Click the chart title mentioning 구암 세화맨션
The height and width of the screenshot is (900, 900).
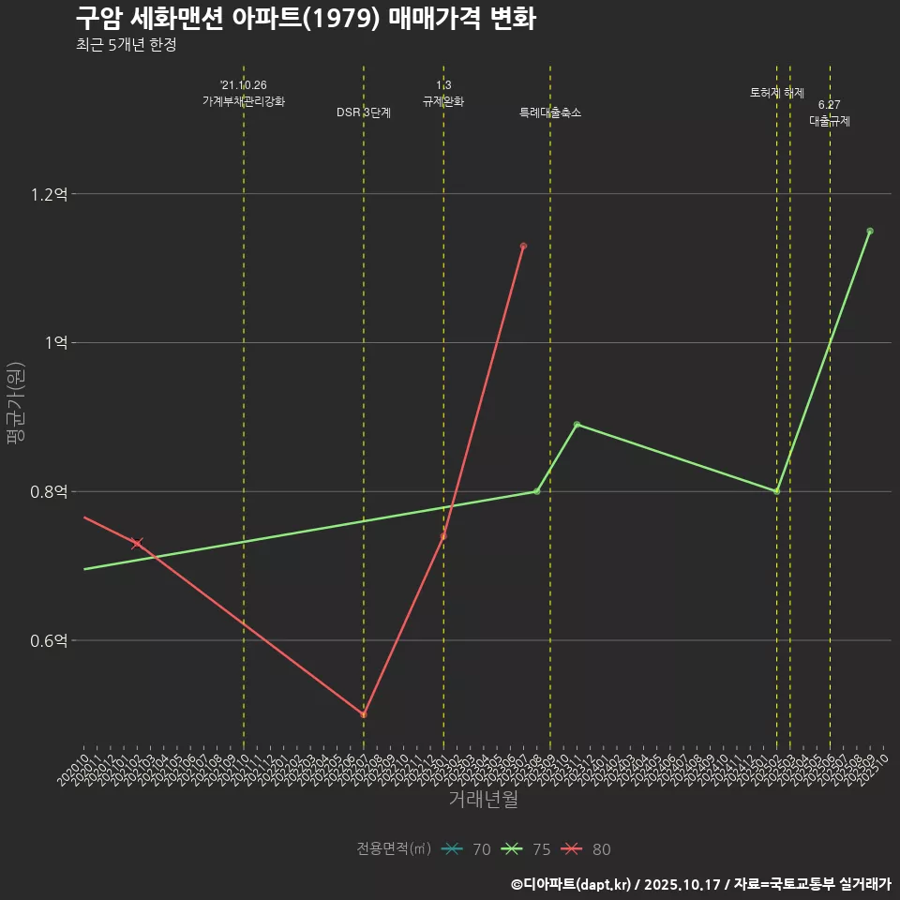click(x=306, y=19)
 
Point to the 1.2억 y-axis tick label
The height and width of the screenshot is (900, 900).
click(x=49, y=195)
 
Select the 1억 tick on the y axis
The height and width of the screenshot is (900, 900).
click(x=55, y=343)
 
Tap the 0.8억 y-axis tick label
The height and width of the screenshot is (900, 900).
click(x=49, y=492)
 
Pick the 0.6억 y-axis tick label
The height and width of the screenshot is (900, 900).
click(x=49, y=641)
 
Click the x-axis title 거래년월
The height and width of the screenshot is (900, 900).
click(x=483, y=800)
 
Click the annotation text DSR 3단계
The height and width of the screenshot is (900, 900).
click(x=364, y=112)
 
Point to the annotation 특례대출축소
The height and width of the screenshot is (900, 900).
click(x=550, y=112)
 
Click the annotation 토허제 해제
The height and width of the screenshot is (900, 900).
click(x=777, y=93)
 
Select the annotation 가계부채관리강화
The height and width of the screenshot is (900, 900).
click(x=244, y=101)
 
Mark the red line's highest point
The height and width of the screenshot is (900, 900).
click(x=523, y=247)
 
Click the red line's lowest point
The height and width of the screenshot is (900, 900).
click(x=364, y=715)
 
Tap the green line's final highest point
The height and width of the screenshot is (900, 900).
click(x=869, y=231)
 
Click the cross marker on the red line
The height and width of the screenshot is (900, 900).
click(x=137, y=544)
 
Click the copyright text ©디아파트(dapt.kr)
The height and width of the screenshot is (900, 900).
click(x=572, y=883)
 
